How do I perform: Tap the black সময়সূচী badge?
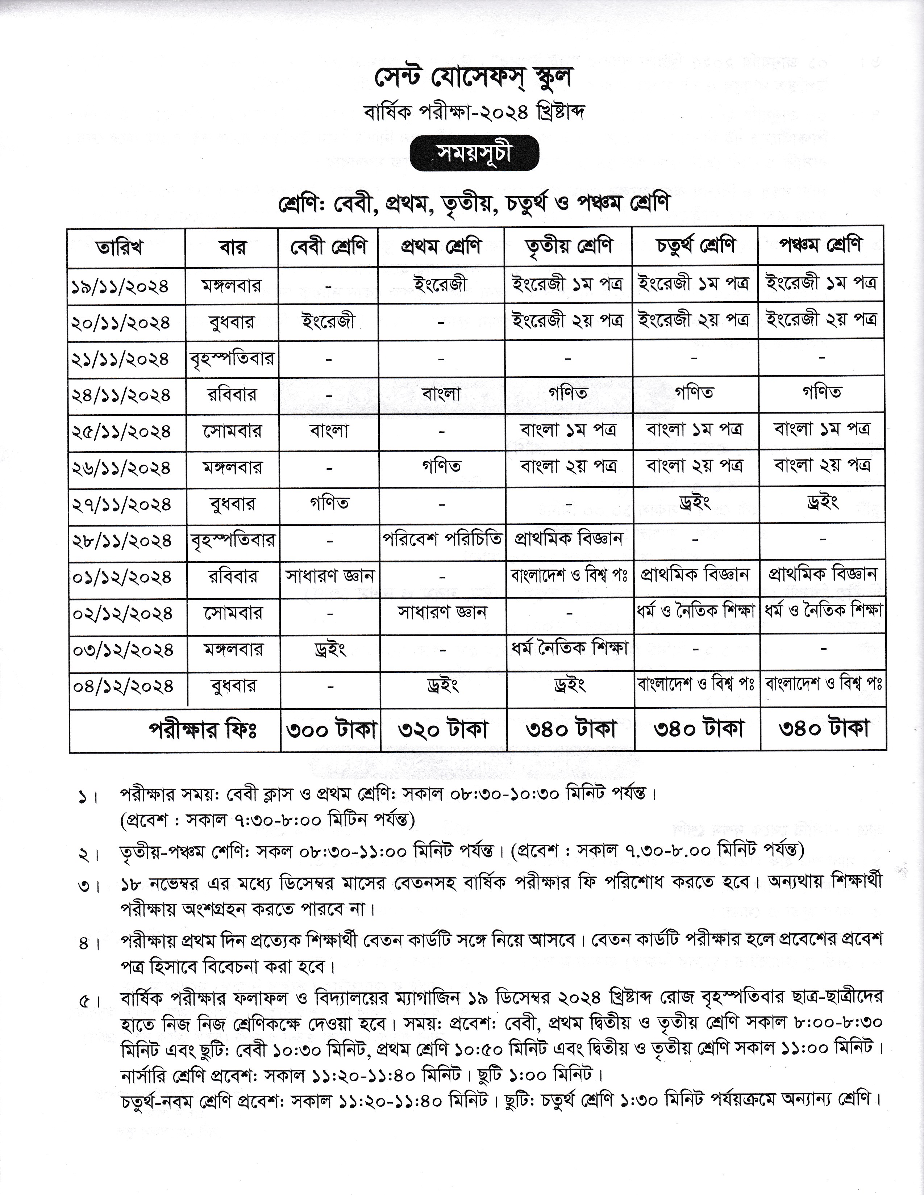pos(474,153)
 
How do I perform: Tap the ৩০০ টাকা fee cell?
pos(330,730)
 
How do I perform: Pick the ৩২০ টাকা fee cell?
pos(442,730)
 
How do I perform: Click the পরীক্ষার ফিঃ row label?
pos(203,730)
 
